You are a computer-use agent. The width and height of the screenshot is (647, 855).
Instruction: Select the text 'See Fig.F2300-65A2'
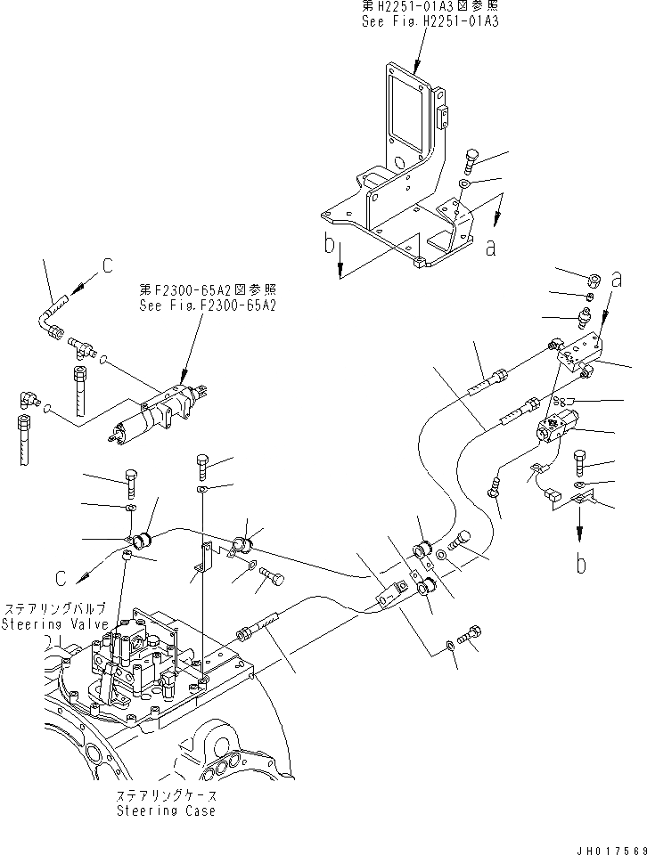coord(208,305)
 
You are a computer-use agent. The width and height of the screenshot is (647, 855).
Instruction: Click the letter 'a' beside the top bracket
coord(491,249)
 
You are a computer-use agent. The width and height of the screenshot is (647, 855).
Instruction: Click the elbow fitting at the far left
coord(29,402)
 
